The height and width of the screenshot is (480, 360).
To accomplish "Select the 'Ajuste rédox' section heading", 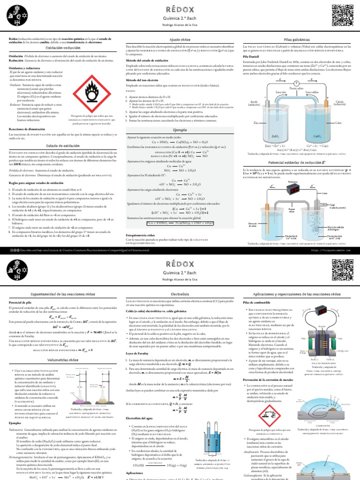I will [x=180, y=41].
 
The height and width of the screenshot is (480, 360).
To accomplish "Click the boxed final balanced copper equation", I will [x=180, y=223].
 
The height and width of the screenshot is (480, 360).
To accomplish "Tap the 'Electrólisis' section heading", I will [x=180, y=293].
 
